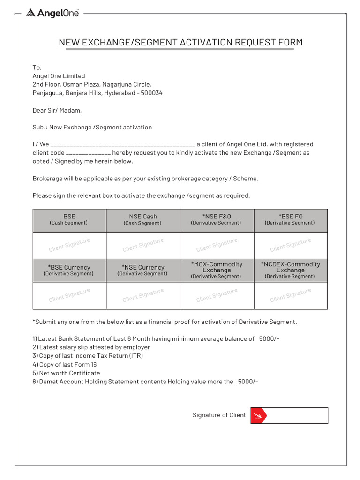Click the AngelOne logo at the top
pyautogui.click(x=52, y=13)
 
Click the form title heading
pyautogui.click(x=180, y=43)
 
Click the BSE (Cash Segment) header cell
pyautogui.click(x=69, y=219)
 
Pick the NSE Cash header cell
pyautogui.click(x=143, y=219)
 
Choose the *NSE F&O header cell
pyautogui.click(x=217, y=219)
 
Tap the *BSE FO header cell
pyautogui.click(x=291, y=219)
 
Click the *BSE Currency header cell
pyautogui.click(x=69, y=270)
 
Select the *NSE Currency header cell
pyautogui.click(x=143, y=270)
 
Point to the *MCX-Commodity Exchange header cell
pyautogui.click(x=217, y=270)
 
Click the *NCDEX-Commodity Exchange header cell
pyautogui.click(x=291, y=270)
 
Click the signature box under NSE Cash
pyautogui.click(x=143, y=245)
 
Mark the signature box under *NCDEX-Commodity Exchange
pyautogui.click(x=291, y=296)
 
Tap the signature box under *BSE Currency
pyautogui.click(x=69, y=296)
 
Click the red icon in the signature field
pyautogui.click(x=258, y=416)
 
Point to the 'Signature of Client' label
pyautogui.click(x=219, y=415)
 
